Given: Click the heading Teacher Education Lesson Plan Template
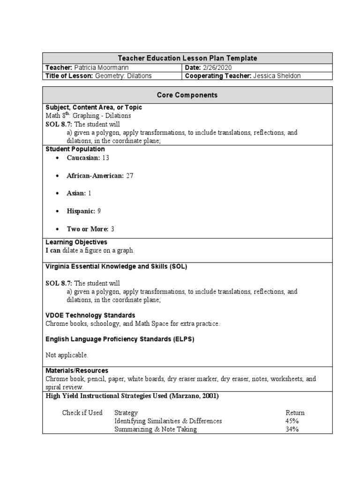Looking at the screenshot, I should [x=187, y=58].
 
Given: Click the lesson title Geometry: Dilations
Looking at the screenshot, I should [x=123, y=75].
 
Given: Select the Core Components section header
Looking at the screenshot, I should [x=187, y=95].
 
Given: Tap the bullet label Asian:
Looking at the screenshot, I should [x=76, y=194].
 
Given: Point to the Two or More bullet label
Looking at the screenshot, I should [x=88, y=229].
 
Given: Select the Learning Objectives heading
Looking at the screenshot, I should [x=76, y=242].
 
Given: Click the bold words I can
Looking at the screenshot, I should [x=53, y=251].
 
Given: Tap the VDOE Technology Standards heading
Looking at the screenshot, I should [x=90, y=315].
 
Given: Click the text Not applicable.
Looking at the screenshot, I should [x=67, y=355].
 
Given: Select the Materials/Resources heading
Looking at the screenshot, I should [x=77, y=371].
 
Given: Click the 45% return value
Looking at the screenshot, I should [x=292, y=421].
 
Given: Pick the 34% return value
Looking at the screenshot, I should [x=292, y=429].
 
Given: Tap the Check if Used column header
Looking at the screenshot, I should [x=82, y=413].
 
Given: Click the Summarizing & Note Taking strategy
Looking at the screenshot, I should [x=156, y=429].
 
